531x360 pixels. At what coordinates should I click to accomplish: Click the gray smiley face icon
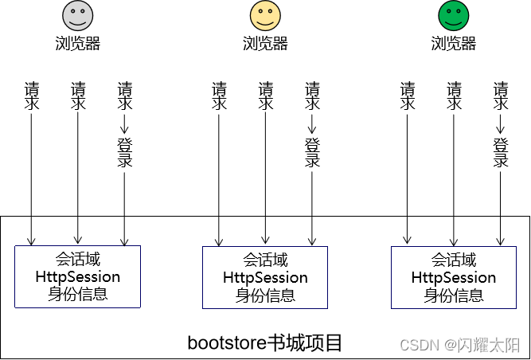[x=77, y=16]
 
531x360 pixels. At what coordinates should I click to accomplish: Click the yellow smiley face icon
[x=265, y=16]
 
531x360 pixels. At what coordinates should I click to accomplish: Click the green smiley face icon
[x=453, y=16]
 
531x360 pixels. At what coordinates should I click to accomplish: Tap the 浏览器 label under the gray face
[x=77, y=43]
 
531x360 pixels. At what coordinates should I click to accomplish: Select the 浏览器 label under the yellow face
[x=265, y=43]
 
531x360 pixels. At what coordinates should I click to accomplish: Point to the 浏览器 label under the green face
[x=453, y=43]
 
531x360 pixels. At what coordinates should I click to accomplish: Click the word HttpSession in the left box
[x=77, y=277]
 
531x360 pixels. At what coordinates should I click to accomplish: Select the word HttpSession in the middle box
[x=265, y=278]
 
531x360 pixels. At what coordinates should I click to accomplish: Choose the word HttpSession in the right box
[x=453, y=278]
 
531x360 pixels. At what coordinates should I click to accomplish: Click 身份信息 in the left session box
[x=77, y=294]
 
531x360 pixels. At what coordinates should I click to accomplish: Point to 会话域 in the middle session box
[x=265, y=260]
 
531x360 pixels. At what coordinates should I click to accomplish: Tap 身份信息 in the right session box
[x=453, y=295]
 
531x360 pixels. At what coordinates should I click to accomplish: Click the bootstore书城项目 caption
[x=265, y=342]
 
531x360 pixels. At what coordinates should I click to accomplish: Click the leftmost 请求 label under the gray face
[x=32, y=96]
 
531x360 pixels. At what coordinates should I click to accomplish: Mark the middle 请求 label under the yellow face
[x=265, y=96]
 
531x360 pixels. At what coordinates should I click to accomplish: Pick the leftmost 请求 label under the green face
[x=408, y=96]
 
